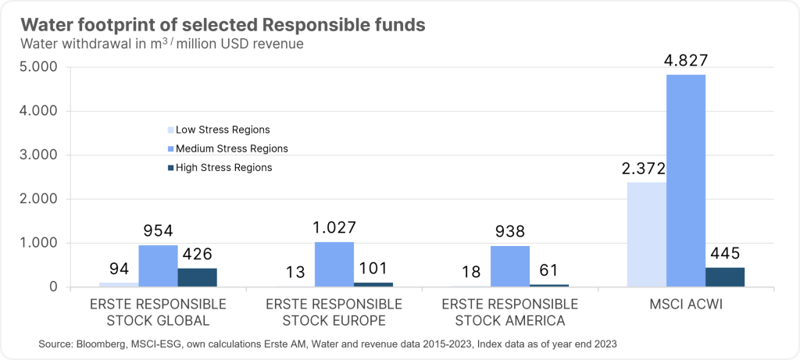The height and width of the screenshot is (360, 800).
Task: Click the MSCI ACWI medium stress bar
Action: tap(685, 180)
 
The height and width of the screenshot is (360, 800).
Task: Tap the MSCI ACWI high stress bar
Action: tap(724, 277)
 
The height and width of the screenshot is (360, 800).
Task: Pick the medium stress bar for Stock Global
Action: tap(158, 266)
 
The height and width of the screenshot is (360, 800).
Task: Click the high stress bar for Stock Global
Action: tap(197, 277)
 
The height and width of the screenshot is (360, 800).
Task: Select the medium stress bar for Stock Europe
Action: tap(334, 265)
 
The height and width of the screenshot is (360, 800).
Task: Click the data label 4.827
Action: tap(685, 61)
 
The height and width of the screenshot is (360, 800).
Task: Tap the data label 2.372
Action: tap(647, 169)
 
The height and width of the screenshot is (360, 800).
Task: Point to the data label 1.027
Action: tap(334, 228)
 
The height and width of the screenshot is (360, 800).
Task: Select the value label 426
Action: tap(197, 255)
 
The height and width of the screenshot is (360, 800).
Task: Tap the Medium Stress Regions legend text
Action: tap(232, 148)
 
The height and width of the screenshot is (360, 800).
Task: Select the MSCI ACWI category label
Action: tap(685, 304)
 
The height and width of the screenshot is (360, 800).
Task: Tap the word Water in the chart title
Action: tap(44, 24)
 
